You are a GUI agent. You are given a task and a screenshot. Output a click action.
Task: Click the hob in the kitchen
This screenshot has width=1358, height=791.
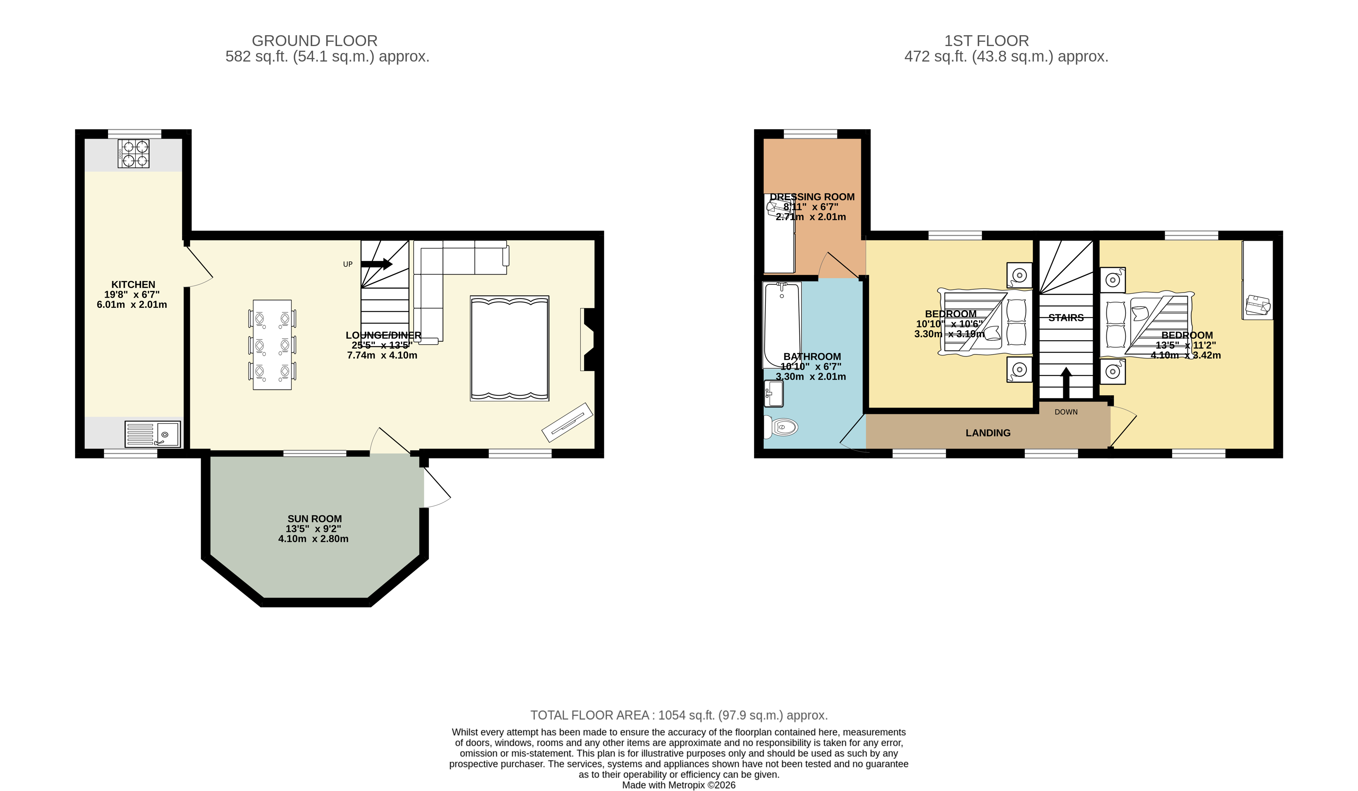coord(134,154)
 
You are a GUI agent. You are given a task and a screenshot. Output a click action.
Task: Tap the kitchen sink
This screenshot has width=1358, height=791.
coord(153,434)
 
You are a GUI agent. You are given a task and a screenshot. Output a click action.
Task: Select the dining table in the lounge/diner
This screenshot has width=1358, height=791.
coord(272,345)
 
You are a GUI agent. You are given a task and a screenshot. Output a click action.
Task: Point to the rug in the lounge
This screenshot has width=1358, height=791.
coord(509,348)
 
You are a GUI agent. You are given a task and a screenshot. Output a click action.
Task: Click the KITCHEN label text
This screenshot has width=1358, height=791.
coord(133,285)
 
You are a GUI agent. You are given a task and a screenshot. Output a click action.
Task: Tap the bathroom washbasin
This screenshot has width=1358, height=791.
coord(774,393)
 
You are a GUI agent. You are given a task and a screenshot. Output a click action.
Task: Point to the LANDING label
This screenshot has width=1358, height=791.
coord(988,433)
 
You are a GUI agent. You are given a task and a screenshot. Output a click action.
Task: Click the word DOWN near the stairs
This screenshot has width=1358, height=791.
coord(1066,412)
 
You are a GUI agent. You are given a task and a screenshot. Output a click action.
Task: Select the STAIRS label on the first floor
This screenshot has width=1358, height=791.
coord(1066,318)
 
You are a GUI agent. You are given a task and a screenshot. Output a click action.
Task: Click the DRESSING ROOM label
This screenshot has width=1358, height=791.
coord(812,197)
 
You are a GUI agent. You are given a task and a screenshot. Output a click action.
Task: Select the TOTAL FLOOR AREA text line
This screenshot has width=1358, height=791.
coord(679,715)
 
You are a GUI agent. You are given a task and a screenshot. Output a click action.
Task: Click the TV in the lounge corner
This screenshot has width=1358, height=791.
coord(567,422)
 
